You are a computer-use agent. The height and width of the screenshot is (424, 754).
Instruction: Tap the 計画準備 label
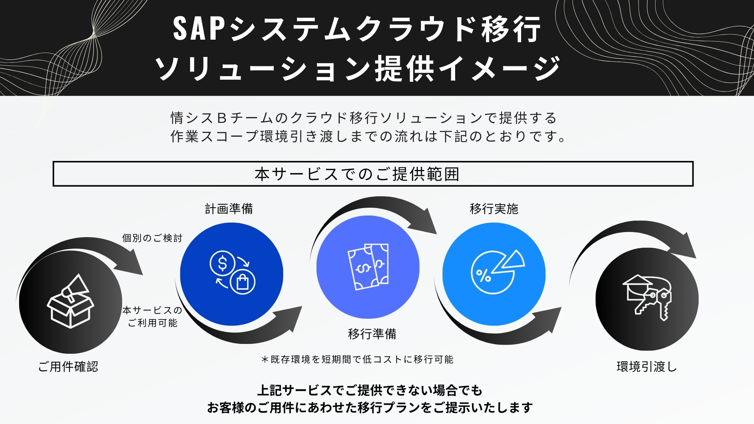coord(229,209)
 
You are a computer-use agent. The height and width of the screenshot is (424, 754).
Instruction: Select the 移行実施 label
coord(494,209)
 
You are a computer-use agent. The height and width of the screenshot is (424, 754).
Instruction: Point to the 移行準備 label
coord(372,334)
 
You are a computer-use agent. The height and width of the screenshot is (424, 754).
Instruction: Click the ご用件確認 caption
coord(68,367)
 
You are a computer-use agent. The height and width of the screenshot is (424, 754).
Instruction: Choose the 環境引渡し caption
coord(647,367)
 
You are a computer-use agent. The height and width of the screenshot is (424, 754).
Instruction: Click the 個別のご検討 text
coord(152,238)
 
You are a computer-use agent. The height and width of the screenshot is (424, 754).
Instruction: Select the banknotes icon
coord(368,267)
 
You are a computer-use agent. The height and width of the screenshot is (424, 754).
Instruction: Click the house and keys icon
coord(647,297)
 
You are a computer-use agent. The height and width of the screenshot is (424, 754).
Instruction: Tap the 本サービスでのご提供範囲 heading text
coord(357,174)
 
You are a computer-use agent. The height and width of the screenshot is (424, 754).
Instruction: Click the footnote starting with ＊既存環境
coord(357,359)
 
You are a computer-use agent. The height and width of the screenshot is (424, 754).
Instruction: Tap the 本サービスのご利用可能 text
coord(152,316)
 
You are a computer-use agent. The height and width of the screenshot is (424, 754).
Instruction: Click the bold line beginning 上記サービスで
coord(370,391)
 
